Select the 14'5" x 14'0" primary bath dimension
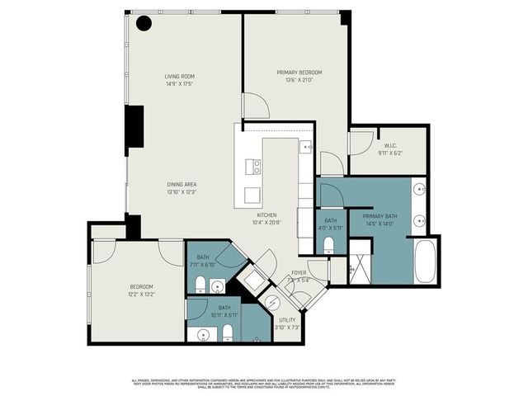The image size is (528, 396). tap(379, 223)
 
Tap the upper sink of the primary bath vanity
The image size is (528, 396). tap(419, 189)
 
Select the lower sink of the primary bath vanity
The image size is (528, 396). tap(419, 220)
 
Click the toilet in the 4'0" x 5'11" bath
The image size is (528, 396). tap(330, 244)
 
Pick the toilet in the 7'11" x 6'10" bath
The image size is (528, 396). tap(200, 285)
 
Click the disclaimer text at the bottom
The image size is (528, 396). tap(264, 383)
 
